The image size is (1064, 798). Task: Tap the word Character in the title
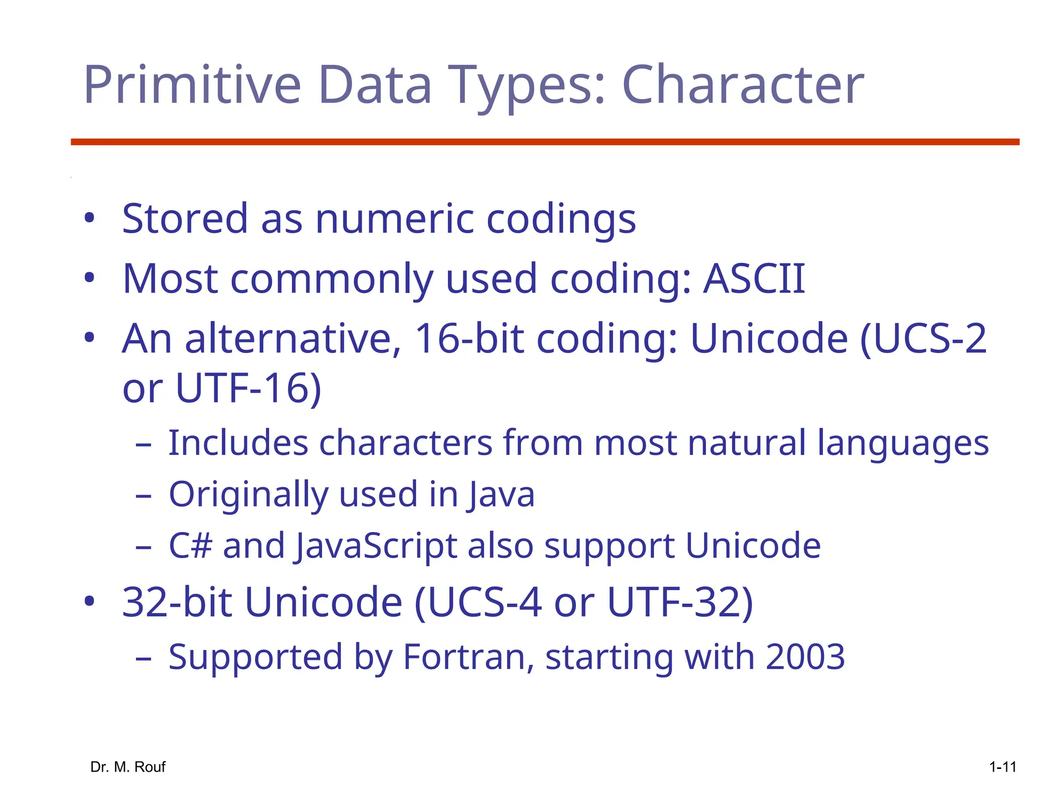[x=743, y=85]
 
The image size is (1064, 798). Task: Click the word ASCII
[x=754, y=278]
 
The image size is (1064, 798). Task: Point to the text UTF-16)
[x=249, y=388]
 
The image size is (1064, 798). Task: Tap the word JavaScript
[x=375, y=546]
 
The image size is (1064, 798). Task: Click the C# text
[x=191, y=546]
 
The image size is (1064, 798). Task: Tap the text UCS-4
[x=478, y=603]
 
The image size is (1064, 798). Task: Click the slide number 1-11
[x=1002, y=767]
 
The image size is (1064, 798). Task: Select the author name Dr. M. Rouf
[x=128, y=767]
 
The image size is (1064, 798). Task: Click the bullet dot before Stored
[x=89, y=218]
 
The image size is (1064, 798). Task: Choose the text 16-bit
[x=469, y=339]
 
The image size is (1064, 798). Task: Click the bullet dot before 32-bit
[x=89, y=602]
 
